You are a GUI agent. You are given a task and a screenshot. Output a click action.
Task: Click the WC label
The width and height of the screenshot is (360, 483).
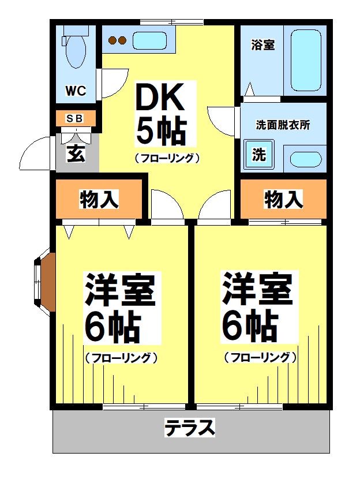pyautogui.click(x=76, y=91)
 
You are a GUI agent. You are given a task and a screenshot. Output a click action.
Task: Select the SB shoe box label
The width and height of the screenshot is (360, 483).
pyautogui.click(x=75, y=118)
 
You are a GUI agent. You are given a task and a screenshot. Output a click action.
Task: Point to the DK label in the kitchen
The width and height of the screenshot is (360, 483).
pyautogui.click(x=160, y=99)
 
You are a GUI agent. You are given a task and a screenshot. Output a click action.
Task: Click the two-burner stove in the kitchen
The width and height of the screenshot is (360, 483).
pyautogui.click(x=118, y=40)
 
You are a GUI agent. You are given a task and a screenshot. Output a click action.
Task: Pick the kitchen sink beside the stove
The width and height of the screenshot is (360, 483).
pyautogui.click(x=151, y=40)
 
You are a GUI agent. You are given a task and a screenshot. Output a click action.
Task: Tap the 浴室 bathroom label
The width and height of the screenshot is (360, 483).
pyautogui.click(x=263, y=44)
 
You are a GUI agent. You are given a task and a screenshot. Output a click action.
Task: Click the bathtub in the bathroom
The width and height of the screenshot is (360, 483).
pyautogui.click(x=305, y=59)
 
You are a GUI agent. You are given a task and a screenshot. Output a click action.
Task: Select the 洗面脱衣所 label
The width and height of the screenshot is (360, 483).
pyautogui.click(x=283, y=125)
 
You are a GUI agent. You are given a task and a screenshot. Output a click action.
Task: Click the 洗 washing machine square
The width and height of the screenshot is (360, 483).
pyautogui.click(x=259, y=155)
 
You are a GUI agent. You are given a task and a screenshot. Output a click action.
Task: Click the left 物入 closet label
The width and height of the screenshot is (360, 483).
pyautogui.click(x=99, y=200)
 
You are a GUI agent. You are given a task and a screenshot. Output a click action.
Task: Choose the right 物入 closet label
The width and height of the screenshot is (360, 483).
pyautogui.click(x=283, y=200)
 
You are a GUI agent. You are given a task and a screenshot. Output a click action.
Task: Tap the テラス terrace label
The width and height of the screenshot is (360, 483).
pyautogui.click(x=190, y=428)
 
